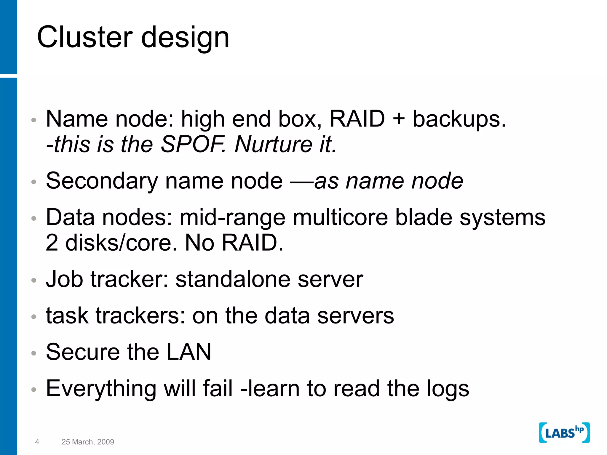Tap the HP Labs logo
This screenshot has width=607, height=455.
point(564,433)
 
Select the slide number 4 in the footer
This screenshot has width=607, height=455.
point(37,442)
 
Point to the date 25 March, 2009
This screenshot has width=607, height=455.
point(88,442)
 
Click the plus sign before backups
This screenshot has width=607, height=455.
point(399,119)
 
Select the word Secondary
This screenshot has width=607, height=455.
point(102,181)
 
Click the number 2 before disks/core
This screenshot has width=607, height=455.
point(52,243)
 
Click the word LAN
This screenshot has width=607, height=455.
point(189,352)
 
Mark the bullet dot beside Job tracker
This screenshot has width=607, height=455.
point(34,280)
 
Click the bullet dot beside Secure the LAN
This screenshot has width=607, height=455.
point(34,353)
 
